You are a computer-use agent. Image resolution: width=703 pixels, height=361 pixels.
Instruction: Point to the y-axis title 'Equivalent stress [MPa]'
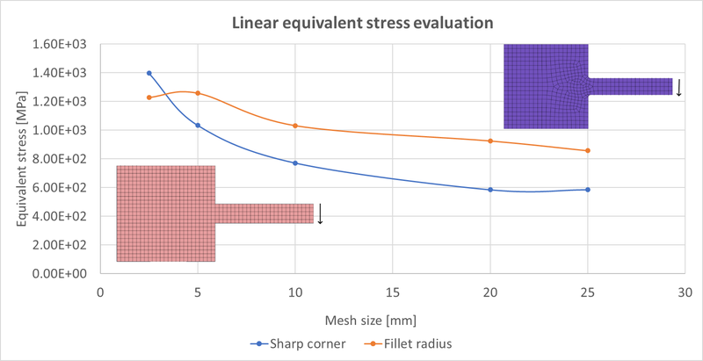19,158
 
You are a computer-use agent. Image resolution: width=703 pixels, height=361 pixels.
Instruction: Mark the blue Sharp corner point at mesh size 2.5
149,73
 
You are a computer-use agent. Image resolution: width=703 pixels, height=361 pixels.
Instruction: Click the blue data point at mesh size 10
295,163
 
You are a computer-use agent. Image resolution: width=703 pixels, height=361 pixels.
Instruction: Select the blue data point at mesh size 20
490,190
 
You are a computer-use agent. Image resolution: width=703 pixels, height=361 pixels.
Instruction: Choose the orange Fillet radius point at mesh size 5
198,93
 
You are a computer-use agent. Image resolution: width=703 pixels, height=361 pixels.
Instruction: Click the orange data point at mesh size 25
587,150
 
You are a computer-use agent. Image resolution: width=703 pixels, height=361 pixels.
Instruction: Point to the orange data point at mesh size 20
490,141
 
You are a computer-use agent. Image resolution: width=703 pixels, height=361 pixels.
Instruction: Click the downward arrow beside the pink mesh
321,213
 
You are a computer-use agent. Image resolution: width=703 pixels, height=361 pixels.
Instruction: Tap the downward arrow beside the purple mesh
679,87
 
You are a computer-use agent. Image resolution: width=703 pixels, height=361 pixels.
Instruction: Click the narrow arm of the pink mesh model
264,213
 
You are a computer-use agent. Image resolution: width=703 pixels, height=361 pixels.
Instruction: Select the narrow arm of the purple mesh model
629,86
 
